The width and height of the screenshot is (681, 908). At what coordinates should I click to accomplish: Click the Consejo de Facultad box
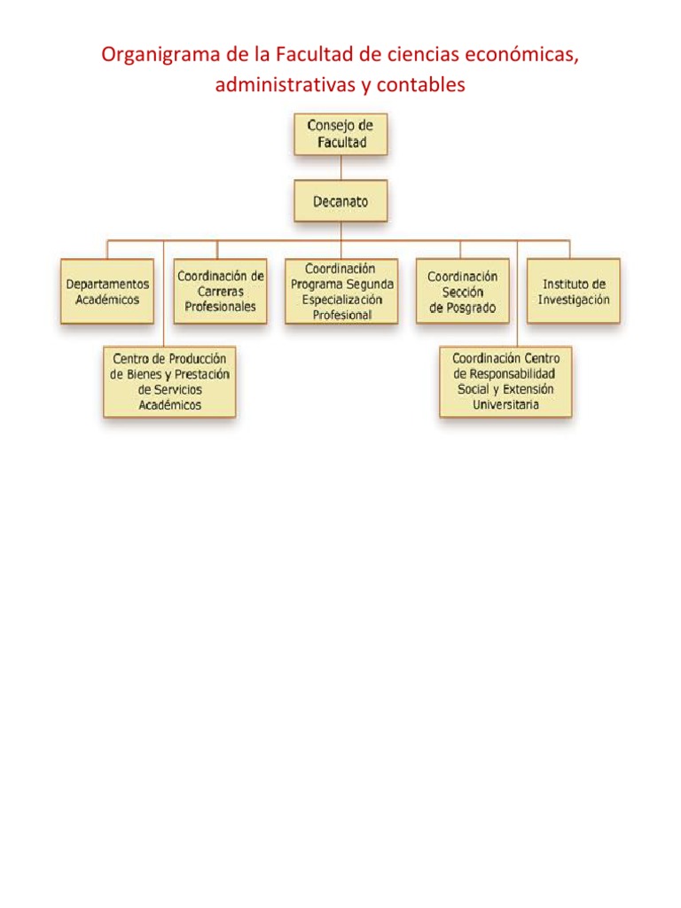point(340,134)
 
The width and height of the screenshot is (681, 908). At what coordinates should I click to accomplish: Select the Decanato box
point(340,201)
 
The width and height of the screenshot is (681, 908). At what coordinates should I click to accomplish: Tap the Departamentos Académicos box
point(107,292)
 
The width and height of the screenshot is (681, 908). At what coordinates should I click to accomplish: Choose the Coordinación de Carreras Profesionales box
point(220,291)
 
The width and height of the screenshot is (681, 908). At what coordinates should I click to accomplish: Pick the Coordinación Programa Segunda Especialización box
point(341,291)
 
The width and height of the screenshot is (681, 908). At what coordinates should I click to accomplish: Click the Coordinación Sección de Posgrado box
point(462,291)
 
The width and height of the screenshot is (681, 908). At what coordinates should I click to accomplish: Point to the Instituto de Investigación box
point(574,291)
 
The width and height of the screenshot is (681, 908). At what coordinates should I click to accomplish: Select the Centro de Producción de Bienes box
point(169,381)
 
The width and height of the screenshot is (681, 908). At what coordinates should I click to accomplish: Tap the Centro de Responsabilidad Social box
point(505,381)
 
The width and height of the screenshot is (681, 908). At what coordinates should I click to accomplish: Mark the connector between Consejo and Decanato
point(340,168)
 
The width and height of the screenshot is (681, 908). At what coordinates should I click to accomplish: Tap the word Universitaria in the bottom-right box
point(505,405)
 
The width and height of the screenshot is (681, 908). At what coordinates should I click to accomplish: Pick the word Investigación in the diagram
point(574,300)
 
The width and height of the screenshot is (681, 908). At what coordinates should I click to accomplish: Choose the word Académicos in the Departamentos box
point(107,300)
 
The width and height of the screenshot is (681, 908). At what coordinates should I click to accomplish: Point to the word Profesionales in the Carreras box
point(220,306)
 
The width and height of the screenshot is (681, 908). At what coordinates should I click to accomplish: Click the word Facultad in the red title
point(313,57)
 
